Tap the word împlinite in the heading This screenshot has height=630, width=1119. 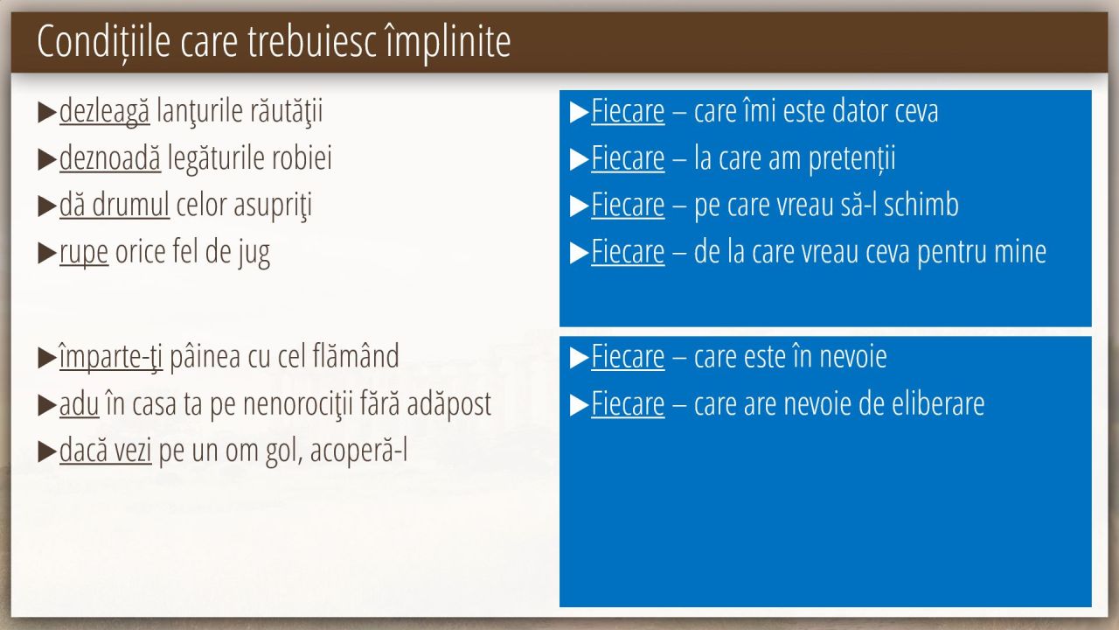pos(448,42)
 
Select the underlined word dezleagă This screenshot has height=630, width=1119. pos(104,111)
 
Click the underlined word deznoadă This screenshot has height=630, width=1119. pos(110,158)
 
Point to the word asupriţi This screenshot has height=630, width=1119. pos(273,206)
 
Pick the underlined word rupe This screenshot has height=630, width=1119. pos(83,253)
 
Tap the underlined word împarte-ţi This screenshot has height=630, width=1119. pos(111,357)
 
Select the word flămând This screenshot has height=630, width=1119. pos(356,356)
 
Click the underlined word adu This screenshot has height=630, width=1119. pos(79,404)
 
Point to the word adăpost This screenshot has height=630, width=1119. pos(449,404)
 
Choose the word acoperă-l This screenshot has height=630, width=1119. pos(358,451)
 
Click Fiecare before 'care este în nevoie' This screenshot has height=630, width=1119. pos(628,357)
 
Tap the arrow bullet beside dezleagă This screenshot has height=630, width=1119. pos(47,113)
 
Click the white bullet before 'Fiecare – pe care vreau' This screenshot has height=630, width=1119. pos(580,206)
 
